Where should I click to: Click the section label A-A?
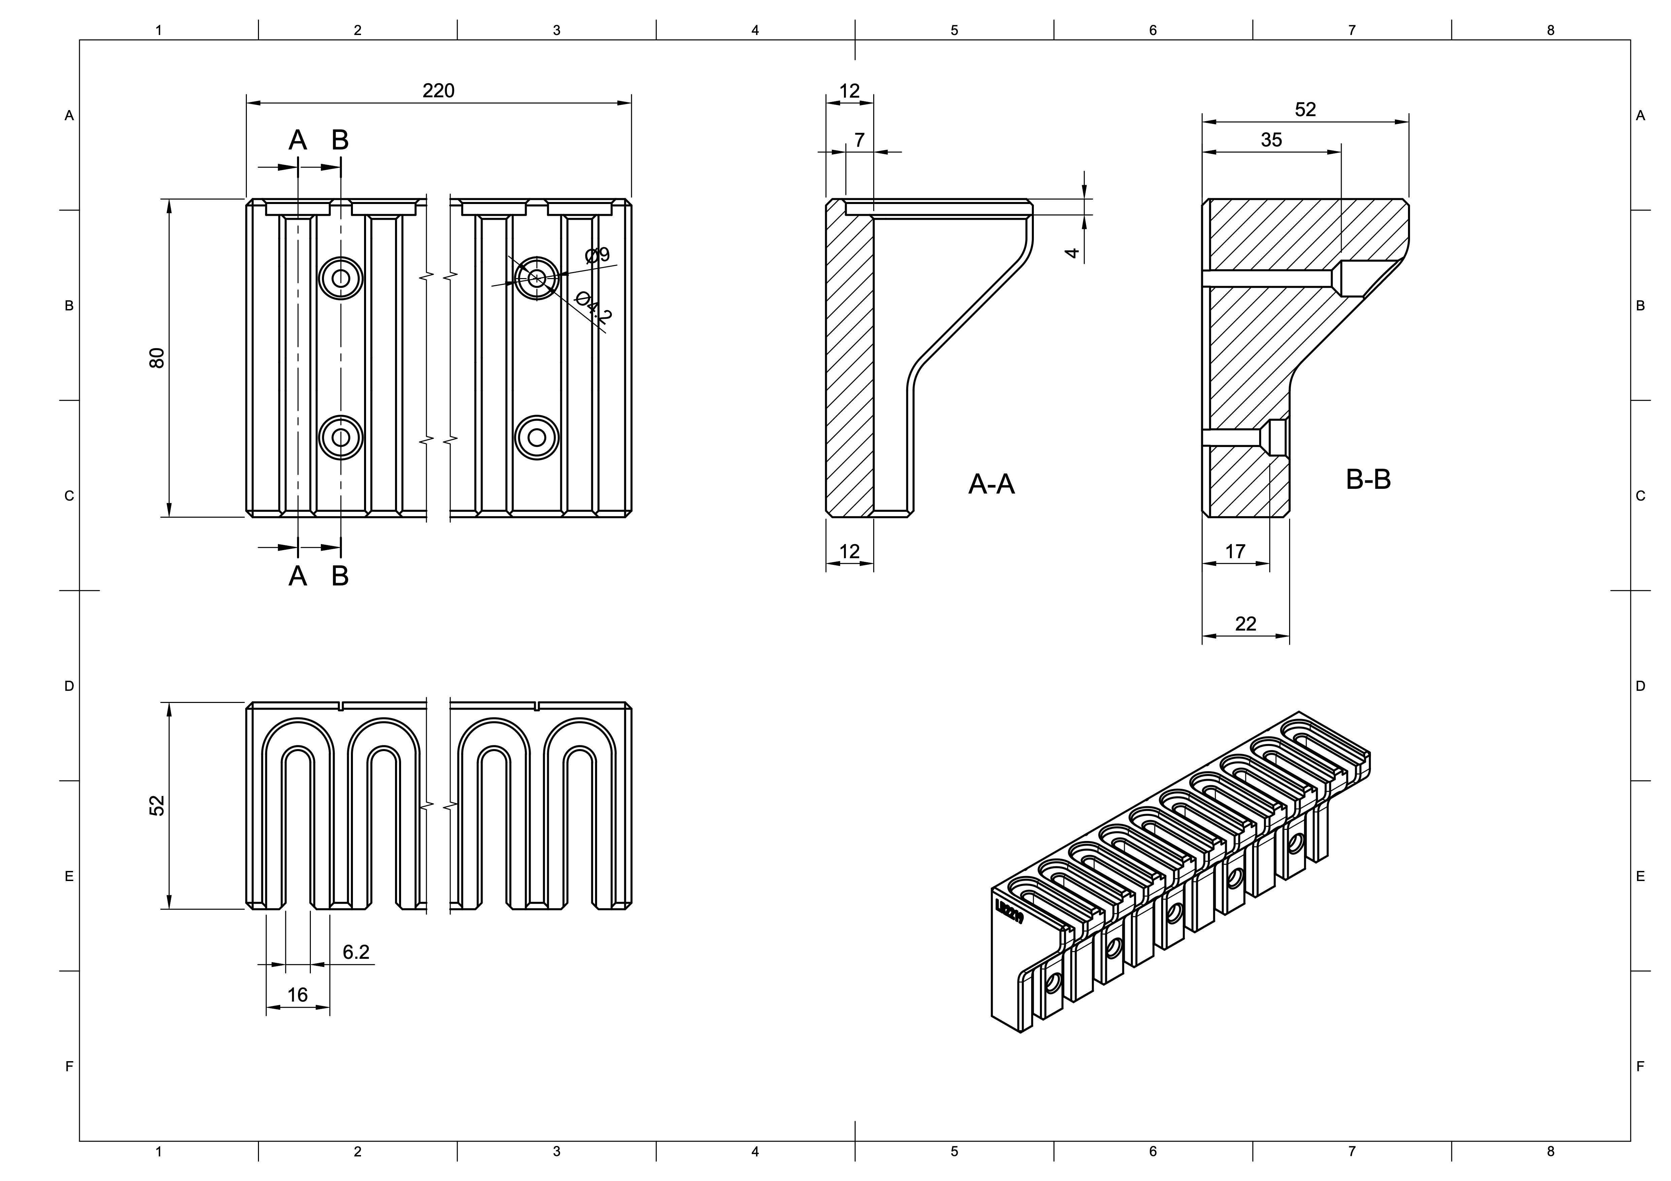pyautogui.click(x=991, y=484)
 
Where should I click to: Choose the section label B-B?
pyautogui.click(x=1368, y=479)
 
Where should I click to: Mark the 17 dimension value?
pyautogui.click(x=1235, y=551)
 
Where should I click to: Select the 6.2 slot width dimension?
pyautogui.click(x=356, y=952)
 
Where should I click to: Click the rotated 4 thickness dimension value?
pyautogui.click(x=1072, y=252)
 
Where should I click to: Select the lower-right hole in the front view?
pyautogui.click(x=536, y=437)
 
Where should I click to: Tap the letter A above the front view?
pyautogui.click(x=298, y=140)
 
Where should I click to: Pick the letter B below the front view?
pyautogui.click(x=340, y=576)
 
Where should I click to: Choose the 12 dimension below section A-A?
pyautogui.click(x=849, y=551)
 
